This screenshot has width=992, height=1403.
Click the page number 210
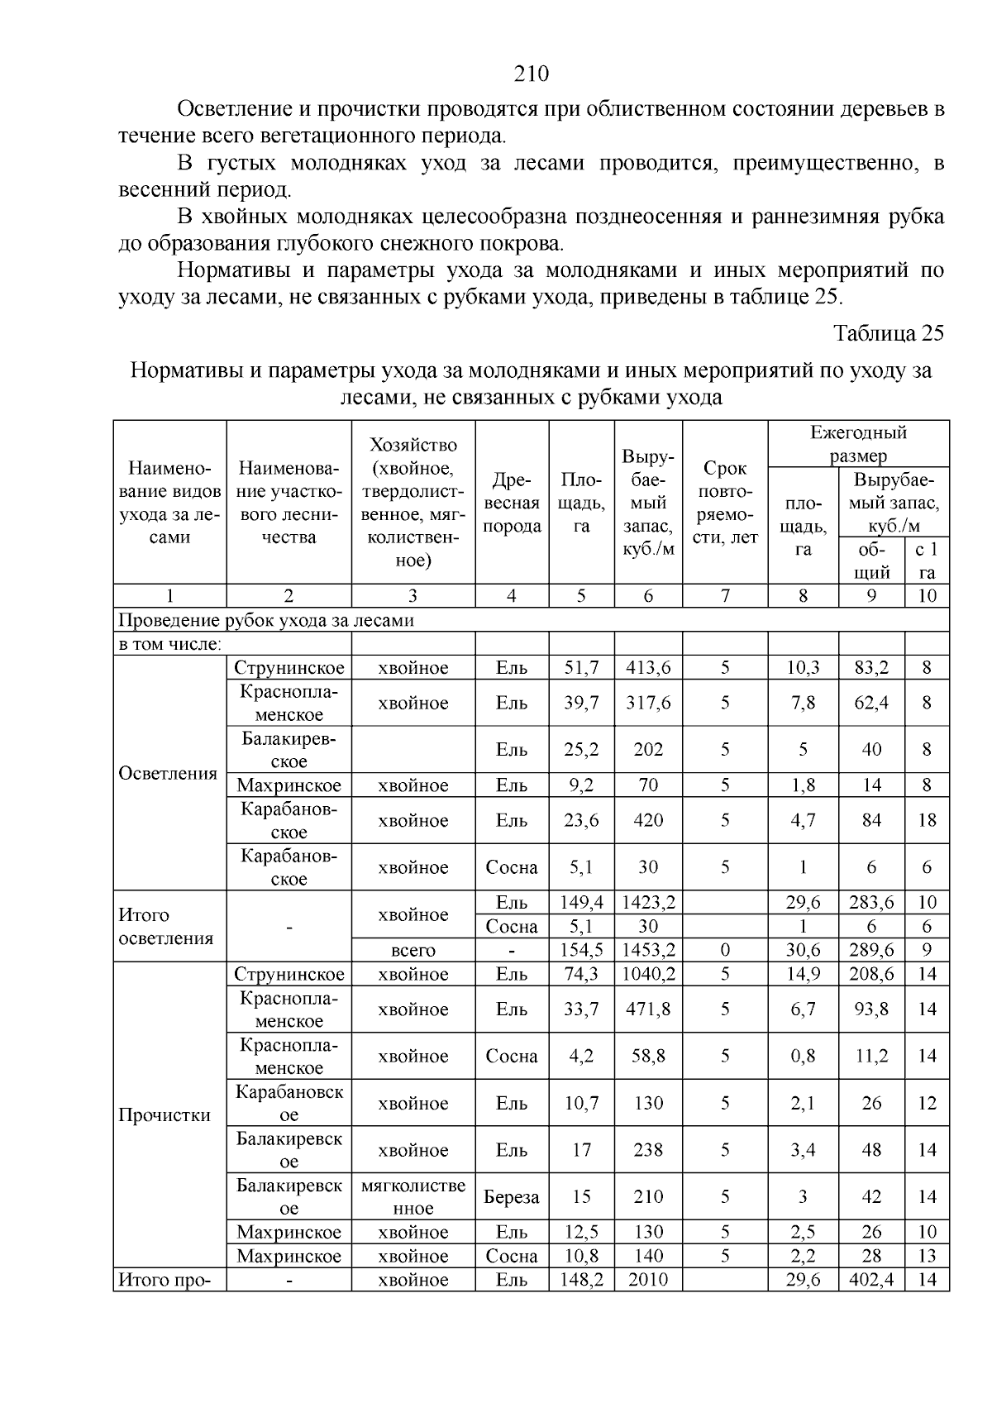coord(532,74)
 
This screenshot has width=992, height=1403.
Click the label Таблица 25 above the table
coord(888,333)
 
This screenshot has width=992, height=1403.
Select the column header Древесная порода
coord(511,503)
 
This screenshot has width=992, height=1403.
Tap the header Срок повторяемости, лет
coord(725,502)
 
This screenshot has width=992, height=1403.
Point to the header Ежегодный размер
coord(858,443)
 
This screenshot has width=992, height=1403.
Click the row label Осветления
coord(168,773)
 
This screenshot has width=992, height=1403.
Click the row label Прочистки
coord(165,1114)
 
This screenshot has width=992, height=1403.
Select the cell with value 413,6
coord(648,667)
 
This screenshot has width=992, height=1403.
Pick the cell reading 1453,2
coord(648,950)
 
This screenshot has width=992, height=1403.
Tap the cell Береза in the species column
coord(512,1196)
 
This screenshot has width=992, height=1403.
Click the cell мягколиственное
coord(413,1196)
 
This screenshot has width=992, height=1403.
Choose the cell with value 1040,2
coord(648,974)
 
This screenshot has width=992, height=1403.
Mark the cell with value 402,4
coord(871,1280)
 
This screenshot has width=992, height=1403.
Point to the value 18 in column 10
coord(927,820)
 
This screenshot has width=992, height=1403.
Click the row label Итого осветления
coord(166,926)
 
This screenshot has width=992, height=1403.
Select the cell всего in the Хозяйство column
coord(413,950)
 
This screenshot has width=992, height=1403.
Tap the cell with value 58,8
coord(648,1056)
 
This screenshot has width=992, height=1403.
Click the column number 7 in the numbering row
coord(725,595)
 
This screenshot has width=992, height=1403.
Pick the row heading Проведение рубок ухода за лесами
coord(266,619)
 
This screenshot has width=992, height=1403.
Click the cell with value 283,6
coord(871,902)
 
